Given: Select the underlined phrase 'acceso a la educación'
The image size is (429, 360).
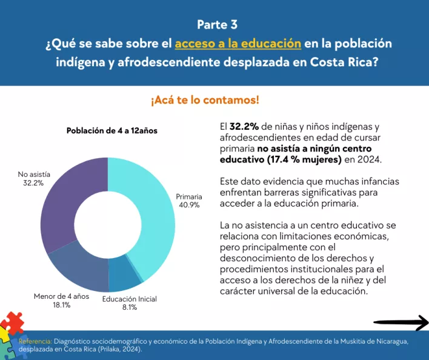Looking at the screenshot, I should [238, 44].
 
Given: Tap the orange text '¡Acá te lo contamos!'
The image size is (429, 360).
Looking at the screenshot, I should [205, 100].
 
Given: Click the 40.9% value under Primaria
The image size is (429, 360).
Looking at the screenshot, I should [189, 205].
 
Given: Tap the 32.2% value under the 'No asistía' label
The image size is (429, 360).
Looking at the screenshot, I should [33, 182].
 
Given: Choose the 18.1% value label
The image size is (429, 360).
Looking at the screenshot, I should [61, 305].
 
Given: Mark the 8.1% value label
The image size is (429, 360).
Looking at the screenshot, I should [128, 307].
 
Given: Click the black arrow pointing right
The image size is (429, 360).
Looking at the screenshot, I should [401, 323].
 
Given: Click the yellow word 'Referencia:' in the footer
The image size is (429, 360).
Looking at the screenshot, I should [35, 342].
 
